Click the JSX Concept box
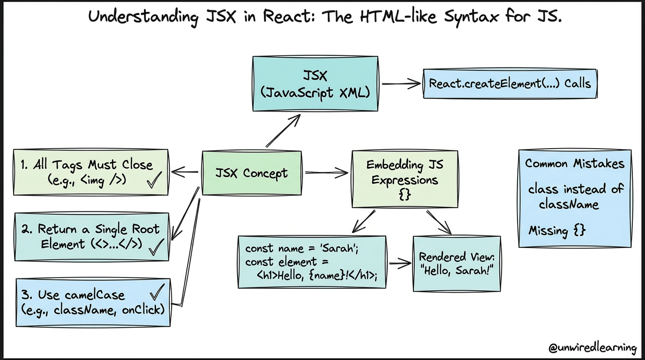251,173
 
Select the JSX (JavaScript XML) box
315,84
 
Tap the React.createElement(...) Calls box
510,84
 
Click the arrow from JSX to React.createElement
401,84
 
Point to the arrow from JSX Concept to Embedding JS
326,173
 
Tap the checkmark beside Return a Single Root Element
156,246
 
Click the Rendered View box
457,263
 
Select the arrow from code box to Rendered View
399,263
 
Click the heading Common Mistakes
575,164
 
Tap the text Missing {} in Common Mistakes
557,231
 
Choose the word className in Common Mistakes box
569,204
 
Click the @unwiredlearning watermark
592,348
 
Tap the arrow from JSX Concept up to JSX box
283,131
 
